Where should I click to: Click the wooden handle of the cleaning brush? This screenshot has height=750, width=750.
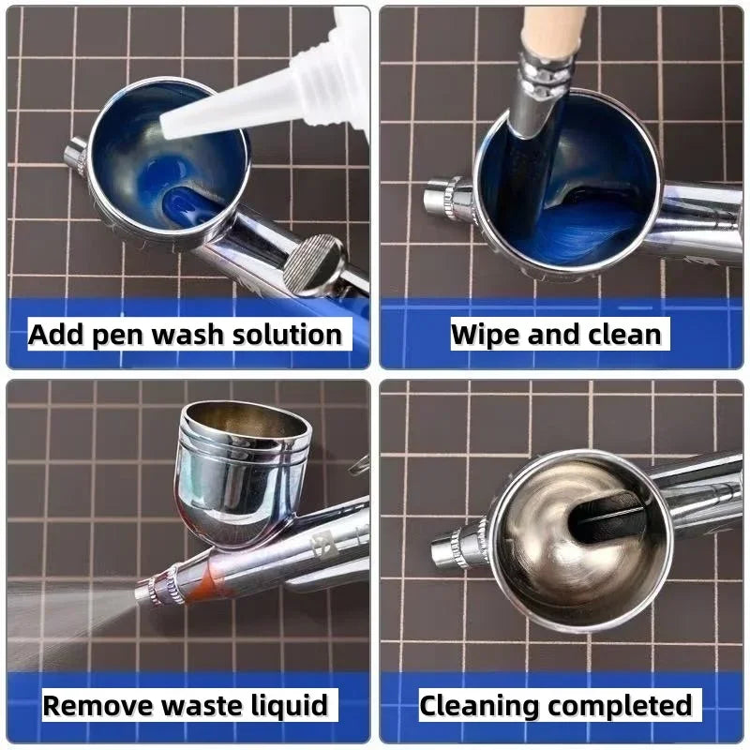(x=553, y=28)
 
